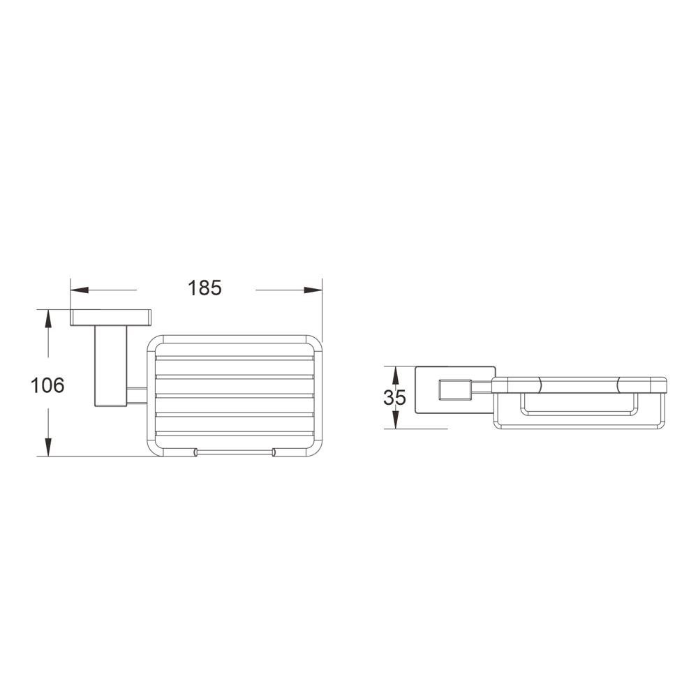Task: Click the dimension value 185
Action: tap(205, 288)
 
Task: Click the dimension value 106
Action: tap(47, 385)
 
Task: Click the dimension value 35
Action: tap(394, 398)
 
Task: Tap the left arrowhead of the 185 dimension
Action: tap(80, 290)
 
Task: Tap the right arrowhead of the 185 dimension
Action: tap(313, 290)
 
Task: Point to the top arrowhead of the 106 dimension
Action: tap(48, 319)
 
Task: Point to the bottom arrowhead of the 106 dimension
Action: tap(48, 447)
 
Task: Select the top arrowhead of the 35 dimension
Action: tap(395, 375)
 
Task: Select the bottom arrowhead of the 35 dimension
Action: tap(395, 420)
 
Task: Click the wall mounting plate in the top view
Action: tap(111, 318)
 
